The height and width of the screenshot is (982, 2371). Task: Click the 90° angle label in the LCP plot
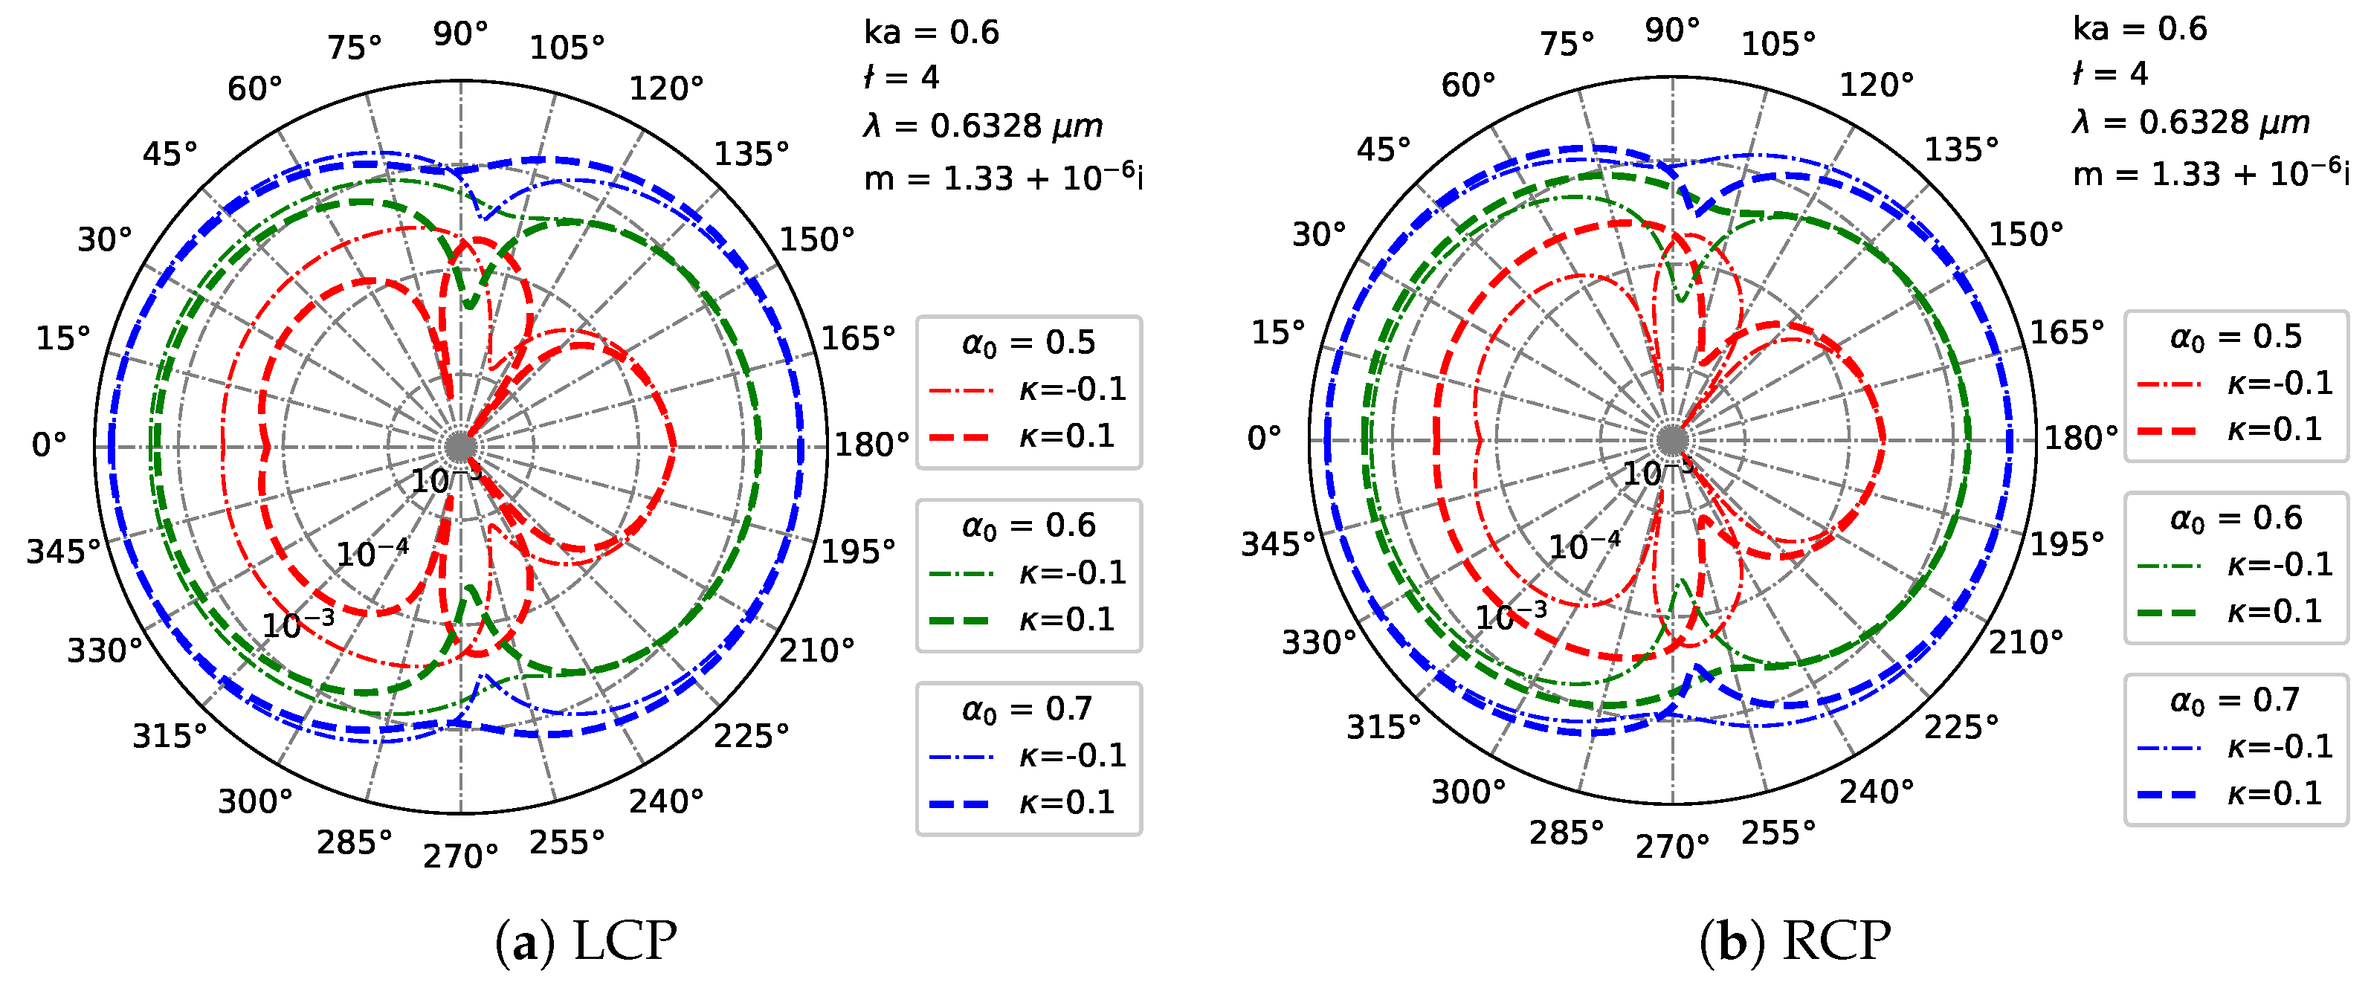click(460, 34)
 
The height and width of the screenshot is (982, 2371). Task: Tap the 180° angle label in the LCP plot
click(870, 445)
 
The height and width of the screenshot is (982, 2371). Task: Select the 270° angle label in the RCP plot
click(1671, 847)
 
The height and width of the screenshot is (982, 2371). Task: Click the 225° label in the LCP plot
click(751, 736)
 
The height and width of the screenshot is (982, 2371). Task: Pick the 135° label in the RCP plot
click(1961, 149)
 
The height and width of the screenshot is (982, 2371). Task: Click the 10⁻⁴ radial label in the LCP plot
click(372, 553)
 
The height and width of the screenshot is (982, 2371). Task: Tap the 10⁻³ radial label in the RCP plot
click(1512, 616)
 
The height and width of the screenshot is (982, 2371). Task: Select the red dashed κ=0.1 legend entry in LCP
click(1026, 436)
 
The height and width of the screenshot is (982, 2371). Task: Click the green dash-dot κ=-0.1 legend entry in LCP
click(1026, 573)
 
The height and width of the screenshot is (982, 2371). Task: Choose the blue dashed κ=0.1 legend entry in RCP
click(2235, 793)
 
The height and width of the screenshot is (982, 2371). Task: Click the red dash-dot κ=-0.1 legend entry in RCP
click(2235, 384)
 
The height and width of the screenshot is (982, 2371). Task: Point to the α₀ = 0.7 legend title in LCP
click(1028, 708)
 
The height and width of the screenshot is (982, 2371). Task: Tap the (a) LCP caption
click(587, 940)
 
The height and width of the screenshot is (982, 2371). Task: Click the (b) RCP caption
click(1795, 940)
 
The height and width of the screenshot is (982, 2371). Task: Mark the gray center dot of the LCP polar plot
click(460, 448)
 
